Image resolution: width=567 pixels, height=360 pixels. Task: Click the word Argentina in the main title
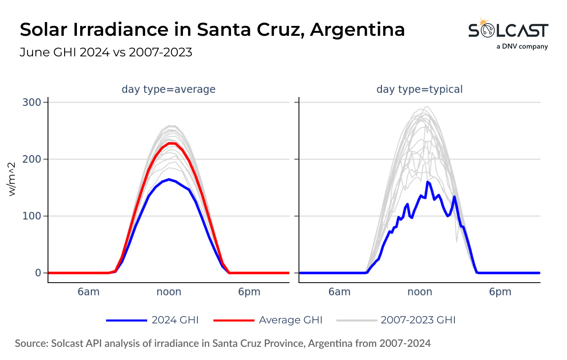click(x=357, y=30)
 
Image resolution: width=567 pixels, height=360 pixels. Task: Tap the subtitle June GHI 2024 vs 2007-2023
click(x=106, y=53)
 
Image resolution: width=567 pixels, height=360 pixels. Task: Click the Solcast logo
click(x=508, y=29)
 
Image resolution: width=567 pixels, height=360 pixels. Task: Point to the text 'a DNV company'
click(x=522, y=46)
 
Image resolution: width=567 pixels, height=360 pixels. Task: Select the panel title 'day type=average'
click(x=168, y=89)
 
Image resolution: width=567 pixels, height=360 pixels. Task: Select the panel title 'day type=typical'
click(x=419, y=89)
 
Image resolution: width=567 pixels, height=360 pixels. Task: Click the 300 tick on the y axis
click(x=32, y=102)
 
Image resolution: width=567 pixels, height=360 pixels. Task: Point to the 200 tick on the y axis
click(x=32, y=159)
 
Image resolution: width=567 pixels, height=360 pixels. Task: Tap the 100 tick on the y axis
click(x=32, y=216)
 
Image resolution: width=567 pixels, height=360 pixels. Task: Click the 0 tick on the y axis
click(x=38, y=273)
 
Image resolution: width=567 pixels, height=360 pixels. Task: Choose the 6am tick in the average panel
click(x=88, y=292)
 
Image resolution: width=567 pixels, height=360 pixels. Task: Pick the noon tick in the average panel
click(x=169, y=292)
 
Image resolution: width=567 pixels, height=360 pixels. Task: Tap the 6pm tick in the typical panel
click(x=500, y=292)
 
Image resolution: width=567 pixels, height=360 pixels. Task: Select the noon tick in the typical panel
click(x=419, y=292)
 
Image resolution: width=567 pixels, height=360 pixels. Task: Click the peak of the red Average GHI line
click(x=172, y=143)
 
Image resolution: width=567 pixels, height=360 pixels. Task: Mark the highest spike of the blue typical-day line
click(x=428, y=182)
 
